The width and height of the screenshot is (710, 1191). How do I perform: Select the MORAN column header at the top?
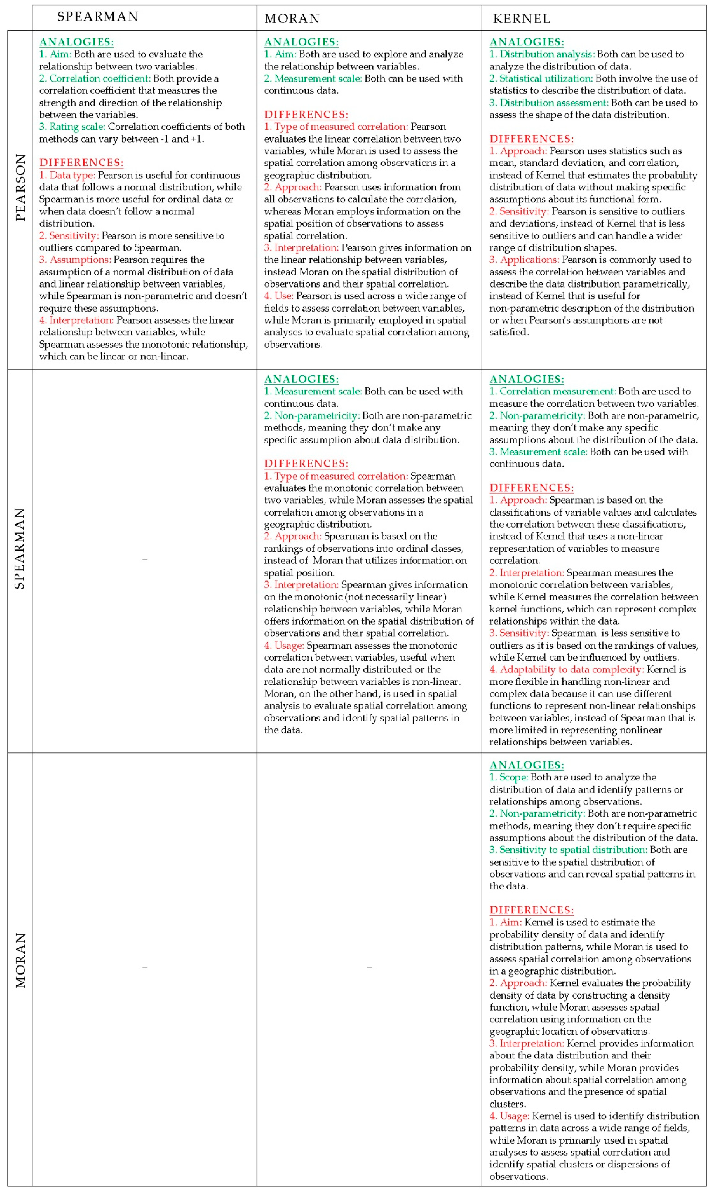292,19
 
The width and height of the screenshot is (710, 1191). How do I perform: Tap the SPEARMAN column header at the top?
98,17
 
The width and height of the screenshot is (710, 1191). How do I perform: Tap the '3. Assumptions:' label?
75,259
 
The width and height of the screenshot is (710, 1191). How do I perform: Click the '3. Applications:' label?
524,259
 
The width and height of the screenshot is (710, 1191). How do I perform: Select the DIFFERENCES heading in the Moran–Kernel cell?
531,910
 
